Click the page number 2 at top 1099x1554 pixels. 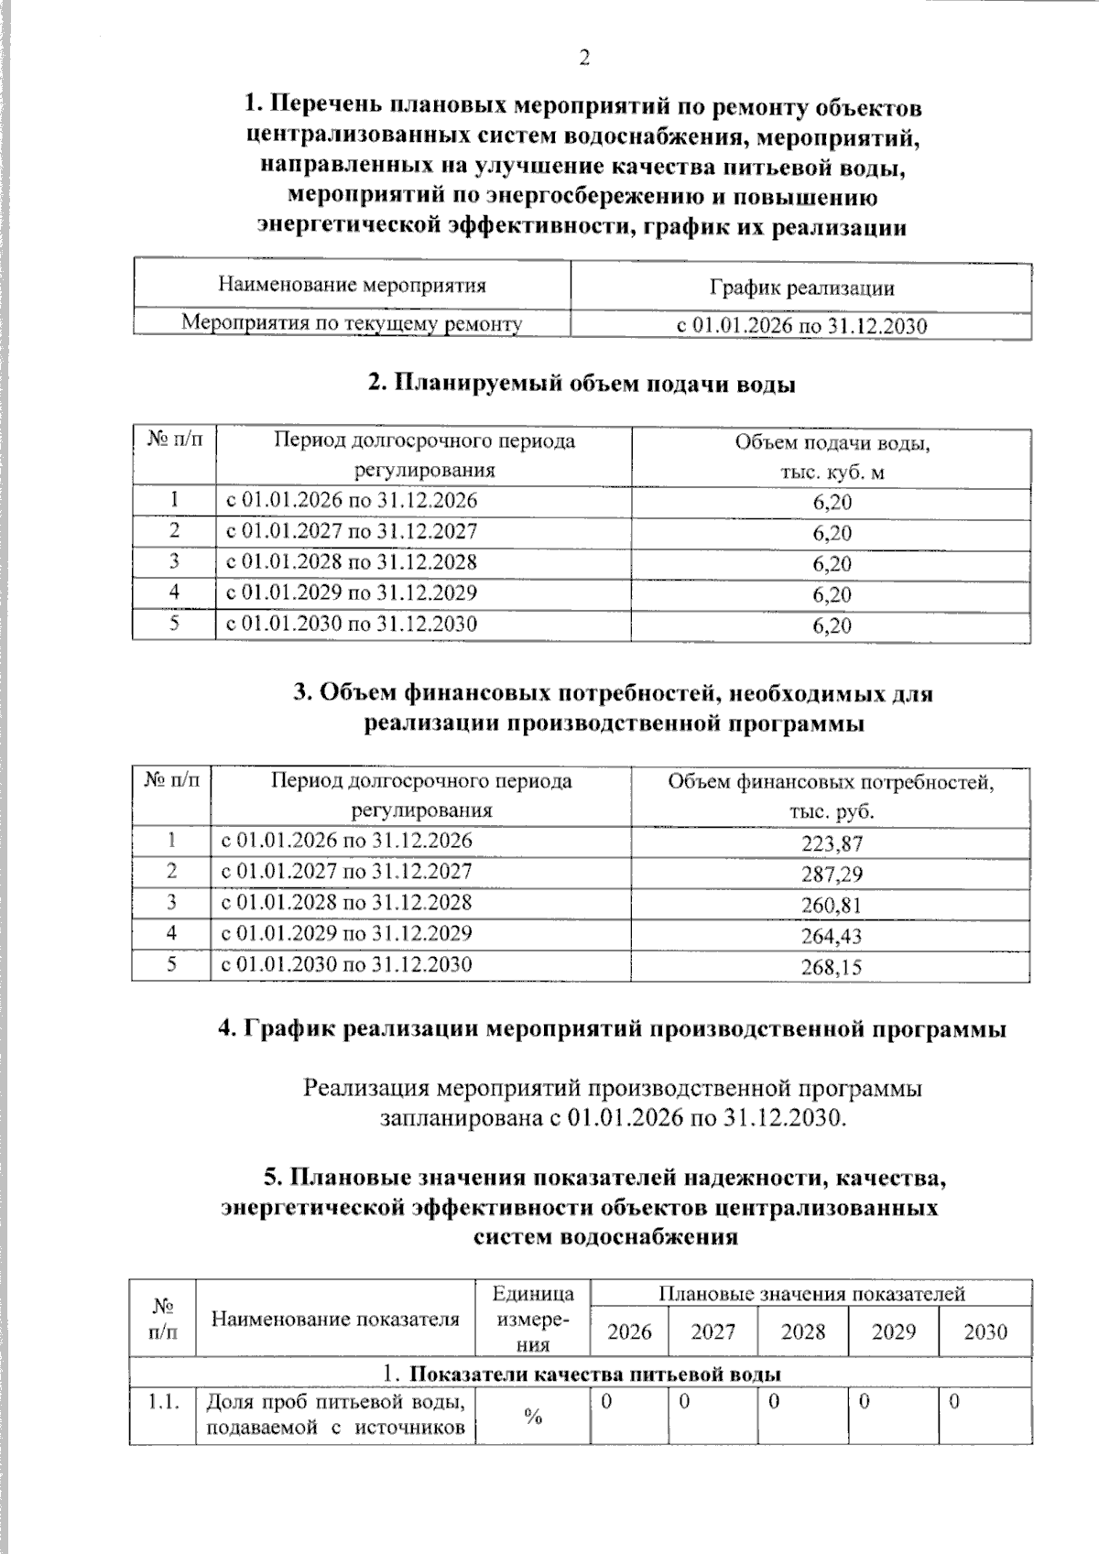point(583,59)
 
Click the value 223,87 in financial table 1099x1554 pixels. point(832,843)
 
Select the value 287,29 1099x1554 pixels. point(832,874)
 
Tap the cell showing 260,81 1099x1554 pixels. point(832,905)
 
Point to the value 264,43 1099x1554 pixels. point(832,936)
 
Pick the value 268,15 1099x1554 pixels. point(832,967)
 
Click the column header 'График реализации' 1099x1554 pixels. point(801,288)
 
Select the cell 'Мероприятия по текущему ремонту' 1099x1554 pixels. point(352,323)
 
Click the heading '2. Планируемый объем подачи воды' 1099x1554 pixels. point(582,385)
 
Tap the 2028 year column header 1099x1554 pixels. point(803,1331)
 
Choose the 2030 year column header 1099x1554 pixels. point(985,1331)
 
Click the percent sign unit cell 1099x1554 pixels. point(533,1417)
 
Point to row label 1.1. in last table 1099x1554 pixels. point(163,1402)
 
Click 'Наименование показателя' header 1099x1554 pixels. point(335,1319)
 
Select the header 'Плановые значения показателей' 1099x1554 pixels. point(811,1294)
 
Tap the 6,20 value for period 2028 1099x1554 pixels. point(832,564)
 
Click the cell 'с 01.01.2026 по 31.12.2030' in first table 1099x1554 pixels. point(801,326)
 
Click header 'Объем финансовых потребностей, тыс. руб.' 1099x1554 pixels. point(832,797)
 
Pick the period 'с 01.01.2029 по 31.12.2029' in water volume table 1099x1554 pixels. point(352,592)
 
